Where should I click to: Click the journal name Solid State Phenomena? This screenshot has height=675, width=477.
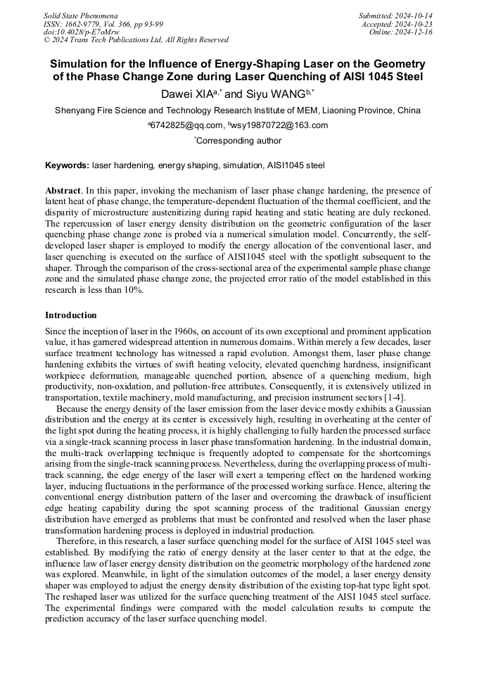click(81, 15)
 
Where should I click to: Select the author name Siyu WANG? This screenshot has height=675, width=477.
click(275, 94)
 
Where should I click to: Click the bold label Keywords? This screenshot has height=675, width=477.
click(68, 166)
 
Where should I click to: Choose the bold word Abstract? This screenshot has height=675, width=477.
click(62, 191)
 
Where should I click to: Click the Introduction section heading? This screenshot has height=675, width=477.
click(71, 315)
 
